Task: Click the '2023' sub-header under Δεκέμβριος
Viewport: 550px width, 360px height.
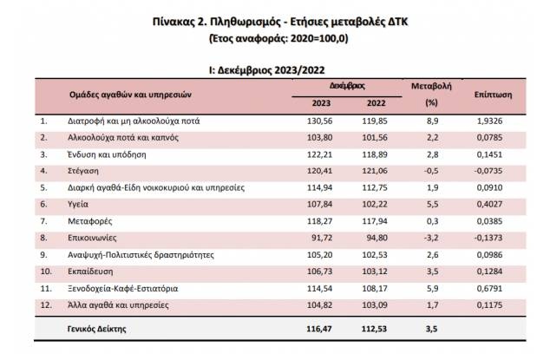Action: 322,104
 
